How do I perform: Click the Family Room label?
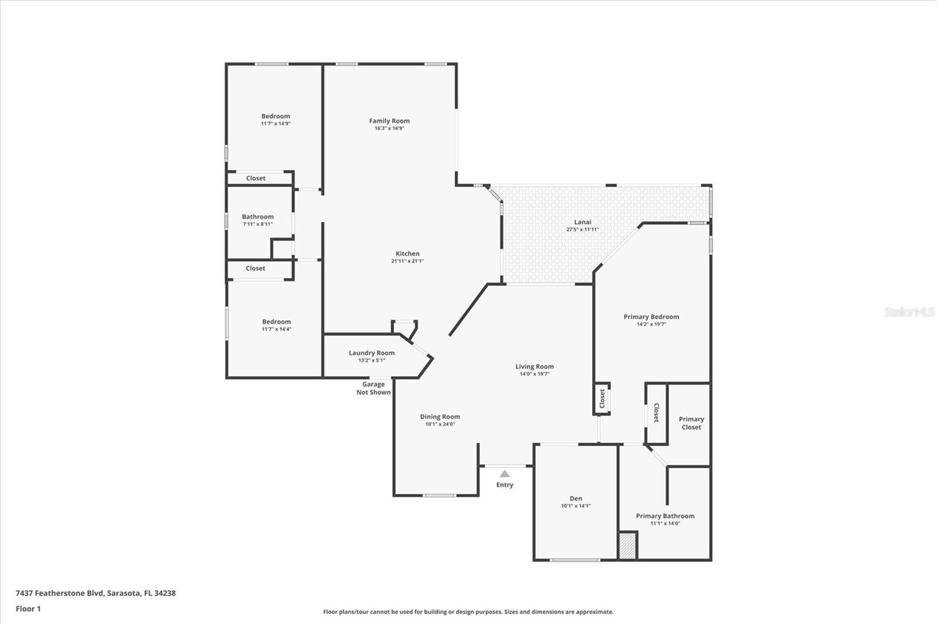(x=389, y=121)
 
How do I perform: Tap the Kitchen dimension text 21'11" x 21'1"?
(x=408, y=261)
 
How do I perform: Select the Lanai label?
(x=582, y=222)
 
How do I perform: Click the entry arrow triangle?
(x=505, y=474)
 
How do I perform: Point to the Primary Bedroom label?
(x=651, y=317)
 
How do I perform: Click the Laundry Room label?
(x=371, y=353)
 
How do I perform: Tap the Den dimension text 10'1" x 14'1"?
(x=576, y=506)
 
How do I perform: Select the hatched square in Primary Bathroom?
(x=627, y=546)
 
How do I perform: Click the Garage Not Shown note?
(x=374, y=388)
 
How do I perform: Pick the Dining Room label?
(x=440, y=417)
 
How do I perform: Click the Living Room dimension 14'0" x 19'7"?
(x=534, y=374)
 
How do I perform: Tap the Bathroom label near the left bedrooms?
(x=258, y=217)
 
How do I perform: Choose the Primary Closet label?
(x=691, y=423)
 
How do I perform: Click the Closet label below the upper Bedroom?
(x=255, y=178)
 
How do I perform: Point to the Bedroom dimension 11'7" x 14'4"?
(x=276, y=329)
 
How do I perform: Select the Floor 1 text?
(x=28, y=609)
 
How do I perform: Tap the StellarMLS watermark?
(x=909, y=311)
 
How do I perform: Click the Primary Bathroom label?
(x=665, y=516)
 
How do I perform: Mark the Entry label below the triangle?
(x=504, y=485)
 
